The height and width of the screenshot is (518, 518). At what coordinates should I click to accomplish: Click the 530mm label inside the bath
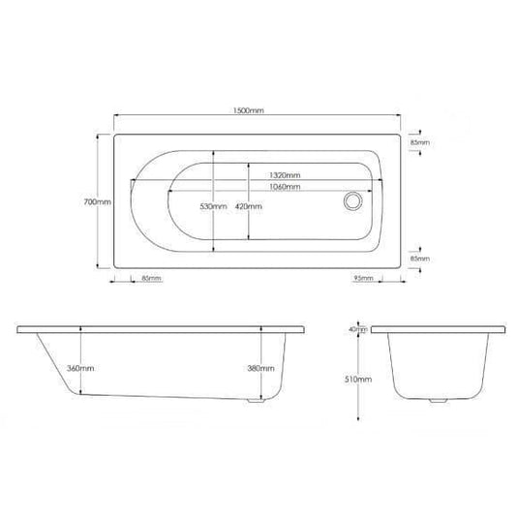point(213,207)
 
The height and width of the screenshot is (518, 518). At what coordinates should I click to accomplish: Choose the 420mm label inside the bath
point(249,207)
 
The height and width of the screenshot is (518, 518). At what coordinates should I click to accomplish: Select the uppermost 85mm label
point(419,142)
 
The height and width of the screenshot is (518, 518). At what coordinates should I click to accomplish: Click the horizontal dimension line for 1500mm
point(194,116)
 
